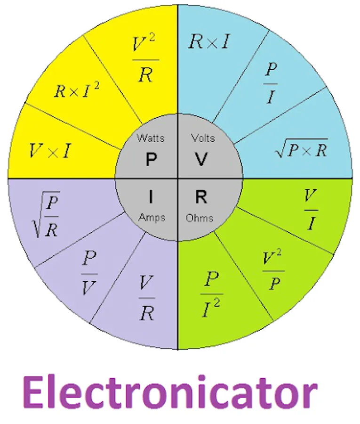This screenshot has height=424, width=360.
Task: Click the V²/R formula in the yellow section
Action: (x=145, y=58)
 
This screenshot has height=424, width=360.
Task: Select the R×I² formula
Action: (x=77, y=90)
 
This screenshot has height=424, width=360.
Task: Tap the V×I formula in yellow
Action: (x=50, y=151)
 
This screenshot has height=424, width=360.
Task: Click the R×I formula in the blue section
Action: (x=209, y=41)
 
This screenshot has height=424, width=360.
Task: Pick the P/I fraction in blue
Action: (x=271, y=83)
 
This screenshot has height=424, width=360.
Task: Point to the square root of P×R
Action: (x=302, y=148)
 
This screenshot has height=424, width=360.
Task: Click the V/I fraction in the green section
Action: (x=311, y=210)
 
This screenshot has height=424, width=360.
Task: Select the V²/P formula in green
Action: (x=273, y=269)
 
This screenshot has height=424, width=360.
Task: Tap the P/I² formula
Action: (x=212, y=294)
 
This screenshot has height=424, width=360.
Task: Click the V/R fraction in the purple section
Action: (x=147, y=298)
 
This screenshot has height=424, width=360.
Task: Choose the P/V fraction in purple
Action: (x=89, y=273)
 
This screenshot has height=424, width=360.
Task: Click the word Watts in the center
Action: (x=151, y=138)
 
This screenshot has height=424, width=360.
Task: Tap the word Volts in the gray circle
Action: (x=203, y=138)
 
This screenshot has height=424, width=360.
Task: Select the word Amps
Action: (x=152, y=218)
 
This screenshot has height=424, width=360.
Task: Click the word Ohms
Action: (x=200, y=218)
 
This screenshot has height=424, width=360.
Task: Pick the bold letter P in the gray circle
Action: (x=151, y=159)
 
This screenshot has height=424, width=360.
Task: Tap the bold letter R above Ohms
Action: (x=201, y=196)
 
